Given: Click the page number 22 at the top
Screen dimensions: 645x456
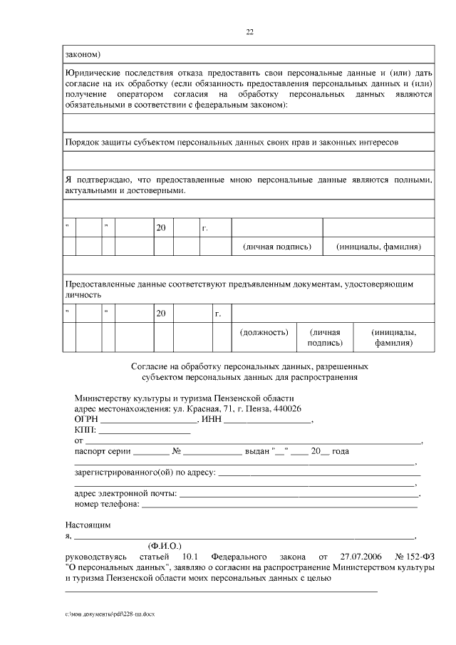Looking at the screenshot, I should tap(249, 31).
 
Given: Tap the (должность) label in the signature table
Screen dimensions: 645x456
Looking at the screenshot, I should tap(264, 332).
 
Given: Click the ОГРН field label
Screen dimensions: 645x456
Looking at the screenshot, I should tap(86, 420).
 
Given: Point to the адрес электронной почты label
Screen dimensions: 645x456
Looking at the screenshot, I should tap(125, 493).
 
